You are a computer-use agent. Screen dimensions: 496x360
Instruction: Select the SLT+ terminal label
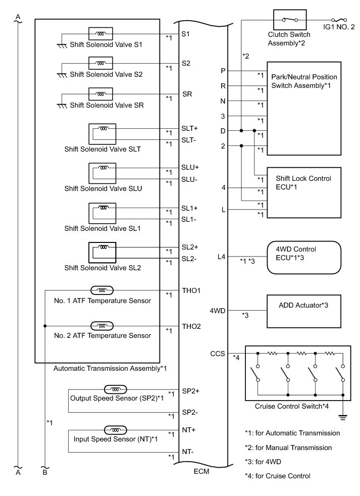pyautogui.click(x=189, y=128)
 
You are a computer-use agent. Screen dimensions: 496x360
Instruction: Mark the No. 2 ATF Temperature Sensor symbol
pyautogui.click(x=101, y=326)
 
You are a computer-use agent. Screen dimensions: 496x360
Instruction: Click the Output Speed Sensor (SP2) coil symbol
pyautogui.click(x=116, y=389)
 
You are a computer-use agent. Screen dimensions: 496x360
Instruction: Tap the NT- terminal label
pyautogui.click(x=188, y=452)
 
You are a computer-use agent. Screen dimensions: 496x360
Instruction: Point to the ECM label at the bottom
pyautogui.click(x=202, y=472)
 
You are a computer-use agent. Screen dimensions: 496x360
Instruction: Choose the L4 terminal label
pyautogui.click(x=222, y=257)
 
